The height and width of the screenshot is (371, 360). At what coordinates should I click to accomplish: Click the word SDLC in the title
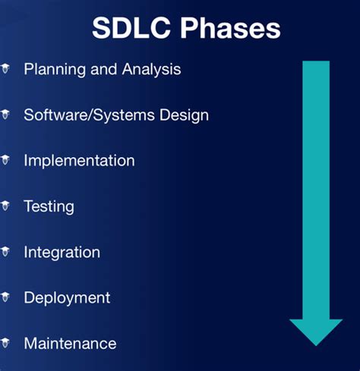(x=126, y=28)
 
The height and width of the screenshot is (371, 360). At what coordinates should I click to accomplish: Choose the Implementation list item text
(x=79, y=161)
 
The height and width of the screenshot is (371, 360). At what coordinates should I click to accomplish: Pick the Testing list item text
(x=49, y=206)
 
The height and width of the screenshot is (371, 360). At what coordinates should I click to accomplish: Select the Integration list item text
(x=62, y=252)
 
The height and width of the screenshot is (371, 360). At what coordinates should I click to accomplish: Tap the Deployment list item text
(x=67, y=297)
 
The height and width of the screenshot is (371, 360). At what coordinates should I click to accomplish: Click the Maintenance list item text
(x=70, y=343)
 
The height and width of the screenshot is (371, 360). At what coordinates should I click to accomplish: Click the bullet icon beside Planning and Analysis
(x=5, y=68)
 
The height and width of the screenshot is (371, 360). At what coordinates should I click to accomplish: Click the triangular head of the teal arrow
(x=316, y=329)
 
